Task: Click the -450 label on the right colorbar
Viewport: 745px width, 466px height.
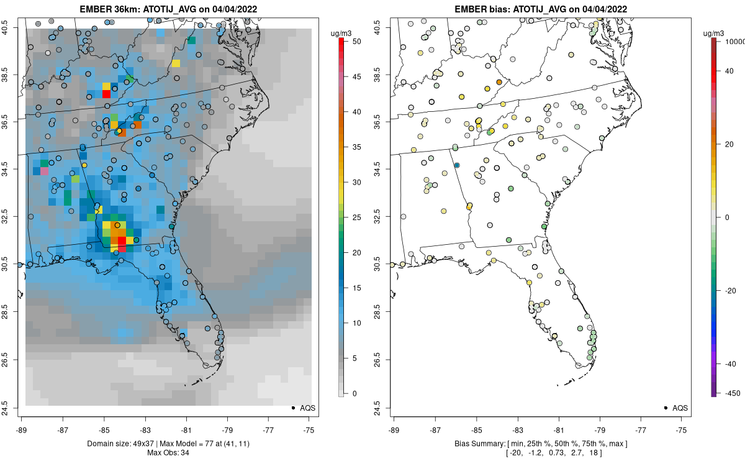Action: [x=730, y=393]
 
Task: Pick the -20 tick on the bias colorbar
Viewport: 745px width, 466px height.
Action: [x=731, y=290]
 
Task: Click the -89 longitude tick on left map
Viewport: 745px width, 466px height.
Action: [x=22, y=429]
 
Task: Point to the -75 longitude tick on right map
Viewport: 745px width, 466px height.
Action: [x=682, y=429]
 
